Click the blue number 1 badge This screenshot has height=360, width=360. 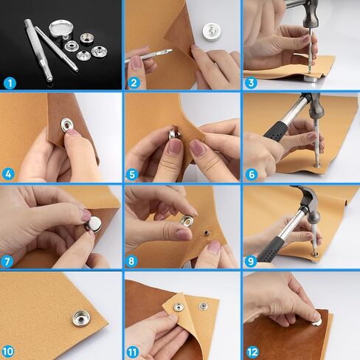click(10, 83)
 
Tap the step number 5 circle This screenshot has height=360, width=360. click(132, 175)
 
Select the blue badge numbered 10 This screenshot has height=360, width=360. click(8, 352)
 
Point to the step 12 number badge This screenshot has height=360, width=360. click(252, 353)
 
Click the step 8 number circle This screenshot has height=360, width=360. click(131, 261)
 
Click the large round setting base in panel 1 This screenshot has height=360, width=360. click(59, 30)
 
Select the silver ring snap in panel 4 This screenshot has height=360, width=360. click(67, 125)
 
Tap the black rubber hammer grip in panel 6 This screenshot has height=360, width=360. click(277, 131)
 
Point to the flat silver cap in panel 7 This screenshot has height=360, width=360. click(94, 224)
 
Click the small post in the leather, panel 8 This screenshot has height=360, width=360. click(206, 232)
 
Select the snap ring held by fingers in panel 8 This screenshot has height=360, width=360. click(188, 220)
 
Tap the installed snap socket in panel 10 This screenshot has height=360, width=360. click(81, 319)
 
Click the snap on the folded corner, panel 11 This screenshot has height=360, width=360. click(178, 307)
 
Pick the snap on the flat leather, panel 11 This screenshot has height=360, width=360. click(203, 306)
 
